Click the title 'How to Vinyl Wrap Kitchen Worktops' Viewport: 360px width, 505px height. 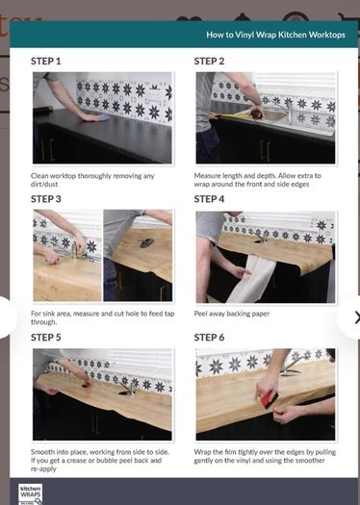(x=275, y=35)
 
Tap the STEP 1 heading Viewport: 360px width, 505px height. (x=46, y=62)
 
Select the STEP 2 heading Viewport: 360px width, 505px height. (x=209, y=62)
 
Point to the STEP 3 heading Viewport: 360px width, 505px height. (x=46, y=199)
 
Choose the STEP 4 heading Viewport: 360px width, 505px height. (x=209, y=199)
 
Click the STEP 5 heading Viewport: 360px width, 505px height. (x=46, y=338)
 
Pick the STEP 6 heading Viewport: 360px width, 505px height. (x=209, y=338)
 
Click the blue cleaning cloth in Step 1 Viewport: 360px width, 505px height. (x=104, y=117)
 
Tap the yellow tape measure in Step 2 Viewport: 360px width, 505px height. (x=239, y=114)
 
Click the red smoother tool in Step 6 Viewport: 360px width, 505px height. (x=270, y=400)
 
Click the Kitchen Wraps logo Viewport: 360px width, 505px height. (x=30, y=494)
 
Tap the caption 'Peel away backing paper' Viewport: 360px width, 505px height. (x=232, y=314)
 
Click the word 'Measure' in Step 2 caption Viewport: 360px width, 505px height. (x=207, y=176)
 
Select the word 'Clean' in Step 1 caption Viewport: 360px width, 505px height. (x=39, y=176)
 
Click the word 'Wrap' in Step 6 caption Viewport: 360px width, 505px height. (x=202, y=452)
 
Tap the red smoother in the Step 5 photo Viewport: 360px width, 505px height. (x=86, y=384)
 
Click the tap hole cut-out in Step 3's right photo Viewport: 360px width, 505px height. (x=146, y=242)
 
